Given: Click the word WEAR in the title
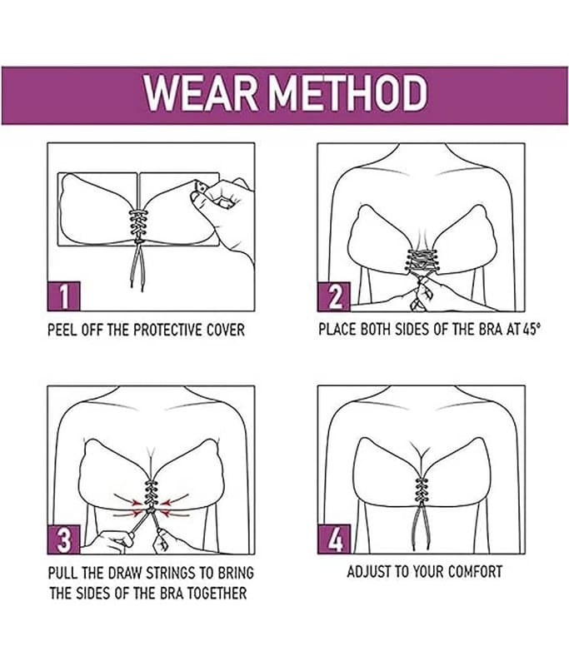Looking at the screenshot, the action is (201, 93).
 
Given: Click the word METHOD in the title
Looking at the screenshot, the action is (348, 93).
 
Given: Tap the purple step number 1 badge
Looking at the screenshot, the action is (64, 296).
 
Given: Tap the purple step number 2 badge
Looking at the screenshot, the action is (334, 296).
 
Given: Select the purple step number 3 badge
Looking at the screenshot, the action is (64, 539).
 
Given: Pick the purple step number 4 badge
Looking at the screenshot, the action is (334, 539).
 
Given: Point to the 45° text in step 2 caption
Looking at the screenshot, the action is (532, 329).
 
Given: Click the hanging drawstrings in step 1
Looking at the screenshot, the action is (137, 266).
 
